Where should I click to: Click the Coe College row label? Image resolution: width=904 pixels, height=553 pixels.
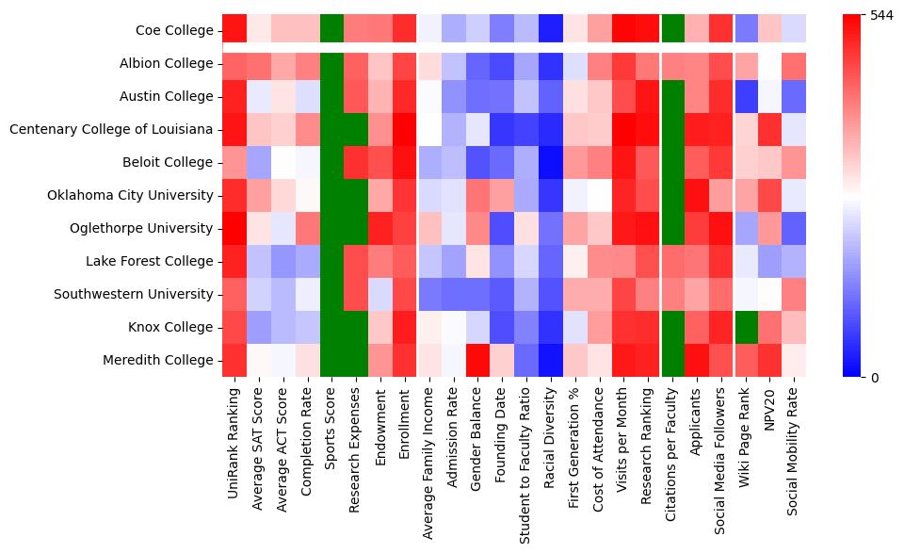pyautogui.click(x=174, y=31)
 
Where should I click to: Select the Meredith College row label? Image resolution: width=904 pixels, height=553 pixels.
pyautogui.click(x=160, y=361)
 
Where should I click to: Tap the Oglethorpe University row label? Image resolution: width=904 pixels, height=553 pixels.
pyautogui.click(x=142, y=229)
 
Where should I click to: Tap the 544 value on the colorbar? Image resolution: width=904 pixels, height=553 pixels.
pyautogui.click(x=880, y=16)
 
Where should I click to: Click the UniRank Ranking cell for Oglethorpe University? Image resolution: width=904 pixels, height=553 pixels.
pyautogui.click(x=234, y=228)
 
